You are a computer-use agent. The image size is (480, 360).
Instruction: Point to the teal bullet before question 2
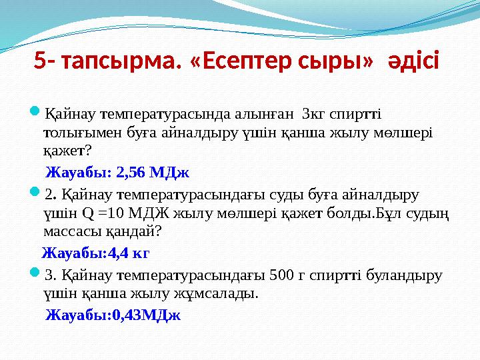click(35, 194)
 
